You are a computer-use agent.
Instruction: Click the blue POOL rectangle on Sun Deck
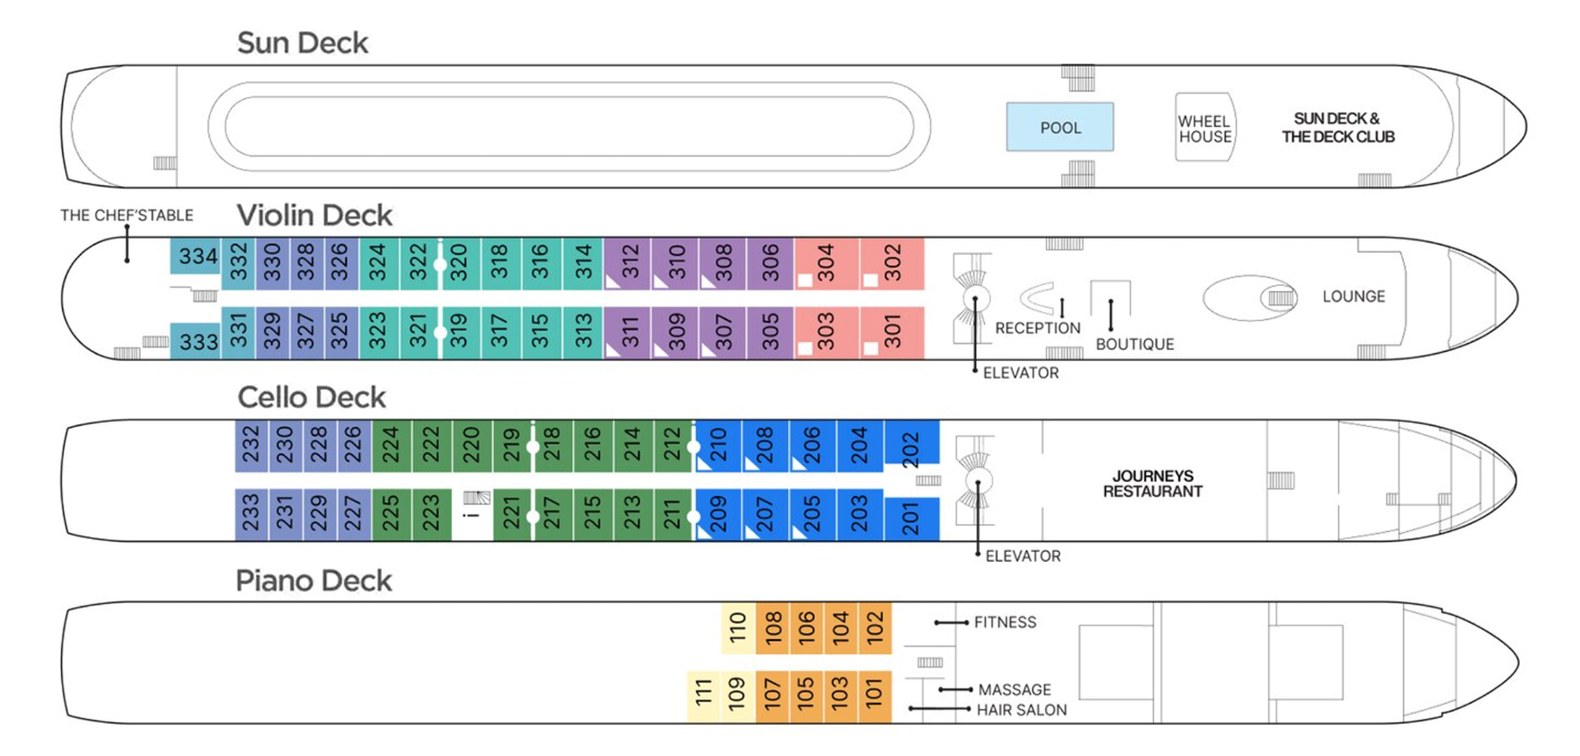click(x=1060, y=128)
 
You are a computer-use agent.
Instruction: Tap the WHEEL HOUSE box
click(x=1205, y=128)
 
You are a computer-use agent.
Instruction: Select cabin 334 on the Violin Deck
click(x=197, y=257)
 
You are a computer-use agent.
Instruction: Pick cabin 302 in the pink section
click(x=892, y=263)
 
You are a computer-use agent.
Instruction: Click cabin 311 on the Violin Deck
click(x=630, y=332)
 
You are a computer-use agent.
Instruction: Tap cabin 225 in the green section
click(x=391, y=514)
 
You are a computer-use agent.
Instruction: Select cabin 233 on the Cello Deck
click(x=251, y=514)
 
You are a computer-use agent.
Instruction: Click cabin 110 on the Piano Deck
click(x=738, y=628)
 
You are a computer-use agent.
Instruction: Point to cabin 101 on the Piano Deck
click(x=874, y=695)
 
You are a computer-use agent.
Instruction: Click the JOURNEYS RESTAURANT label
click(x=1152, y=484)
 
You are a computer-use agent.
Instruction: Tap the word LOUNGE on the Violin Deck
click(x=1353, y=296)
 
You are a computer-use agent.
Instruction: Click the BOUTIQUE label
click(x=1134, y=344)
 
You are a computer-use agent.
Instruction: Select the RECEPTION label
click(x=1038, y=328)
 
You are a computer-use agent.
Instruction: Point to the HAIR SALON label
click(x=1021, y=710)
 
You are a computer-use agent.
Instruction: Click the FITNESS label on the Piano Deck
click(x=1005, y=623)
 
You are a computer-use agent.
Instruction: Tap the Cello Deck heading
click(x=311, y=397)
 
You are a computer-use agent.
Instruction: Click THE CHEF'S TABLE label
click(x=127, y=216)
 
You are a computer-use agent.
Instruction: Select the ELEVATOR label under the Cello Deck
click(x=1023, y=556)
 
